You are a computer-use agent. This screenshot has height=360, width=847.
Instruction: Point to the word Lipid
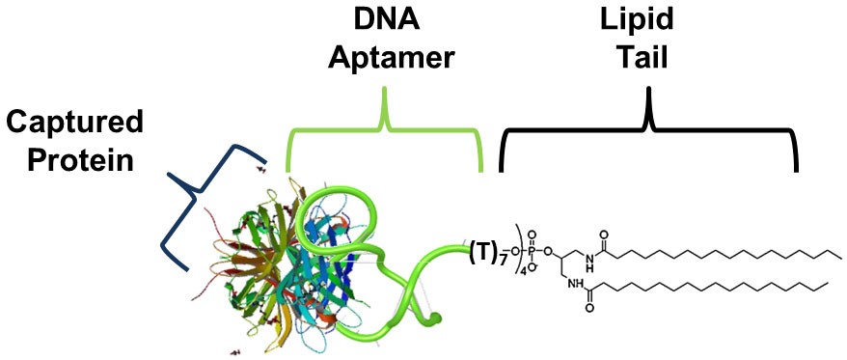(x=647, y=21)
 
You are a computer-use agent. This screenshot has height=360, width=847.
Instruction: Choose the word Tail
(x=647, y=58)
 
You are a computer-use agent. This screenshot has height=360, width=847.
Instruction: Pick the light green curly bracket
(x=385, y=125)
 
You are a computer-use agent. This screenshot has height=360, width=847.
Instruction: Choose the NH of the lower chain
(x=577, y=285)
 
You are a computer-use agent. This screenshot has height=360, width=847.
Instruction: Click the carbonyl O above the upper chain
(x=605, y=234)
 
